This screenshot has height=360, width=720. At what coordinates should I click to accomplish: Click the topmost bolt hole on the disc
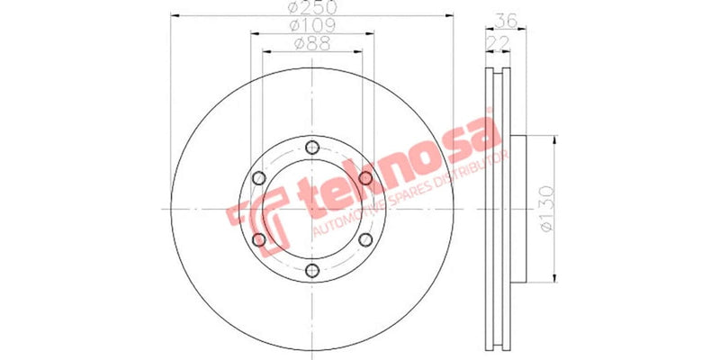[312, 148]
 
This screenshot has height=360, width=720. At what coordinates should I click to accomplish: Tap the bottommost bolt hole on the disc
[312, 271]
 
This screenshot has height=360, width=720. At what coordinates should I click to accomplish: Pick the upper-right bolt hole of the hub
[365, 179]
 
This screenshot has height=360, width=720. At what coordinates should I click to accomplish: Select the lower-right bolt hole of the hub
[365, 240]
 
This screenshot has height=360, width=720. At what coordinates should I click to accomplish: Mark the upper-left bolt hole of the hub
[259, 179]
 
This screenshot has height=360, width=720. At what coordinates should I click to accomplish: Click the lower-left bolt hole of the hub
[259, 240]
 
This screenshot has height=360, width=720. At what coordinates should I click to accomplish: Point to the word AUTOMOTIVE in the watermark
[346, 221]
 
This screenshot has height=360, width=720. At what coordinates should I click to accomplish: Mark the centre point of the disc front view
[312, 210]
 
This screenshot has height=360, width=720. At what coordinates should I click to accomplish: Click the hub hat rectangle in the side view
[517, 209]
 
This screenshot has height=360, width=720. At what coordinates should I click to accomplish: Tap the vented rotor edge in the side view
[498, 209]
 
